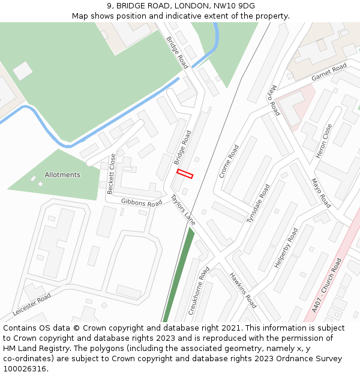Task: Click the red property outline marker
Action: [x=185, y=174]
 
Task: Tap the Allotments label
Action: [x=62, y=175]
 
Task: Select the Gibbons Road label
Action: [x=142, y=203]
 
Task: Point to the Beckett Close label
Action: [x=112, y=174]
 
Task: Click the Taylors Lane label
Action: [x=183, y=209]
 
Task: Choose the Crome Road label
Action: [x=229, y=161]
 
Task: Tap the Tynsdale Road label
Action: [x=258, y=203]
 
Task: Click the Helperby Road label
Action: [x=286, y=247]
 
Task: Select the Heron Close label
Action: [x=324, y=142]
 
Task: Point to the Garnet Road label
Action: [x=329, y=73]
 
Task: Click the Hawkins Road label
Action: [x=243, y=290]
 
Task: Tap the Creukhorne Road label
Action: [x=199, y=291]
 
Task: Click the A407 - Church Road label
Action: [x=327, y=286]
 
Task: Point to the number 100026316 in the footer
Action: [x=25, y=369]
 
